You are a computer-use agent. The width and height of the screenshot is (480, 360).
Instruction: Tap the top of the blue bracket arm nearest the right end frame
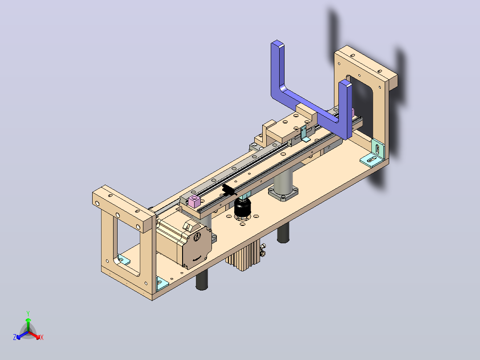click(346, 83)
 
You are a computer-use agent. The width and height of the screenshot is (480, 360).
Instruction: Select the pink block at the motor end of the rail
click(195, 201)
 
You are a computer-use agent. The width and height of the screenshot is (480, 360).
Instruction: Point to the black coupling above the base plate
click(242, 208)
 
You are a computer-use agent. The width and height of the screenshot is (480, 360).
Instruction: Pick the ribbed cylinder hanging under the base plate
click(242, 255)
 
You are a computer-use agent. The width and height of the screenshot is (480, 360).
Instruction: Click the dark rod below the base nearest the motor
click(202, 279)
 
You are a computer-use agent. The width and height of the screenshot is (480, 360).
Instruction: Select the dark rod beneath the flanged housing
click(283, 233)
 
